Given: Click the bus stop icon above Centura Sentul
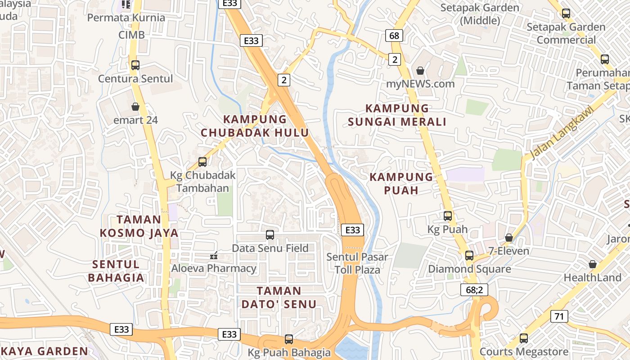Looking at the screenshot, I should (x=135, y=65).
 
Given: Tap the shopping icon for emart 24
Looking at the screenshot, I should (x=135, y=107).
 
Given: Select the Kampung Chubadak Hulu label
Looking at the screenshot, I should (x=255, y=126).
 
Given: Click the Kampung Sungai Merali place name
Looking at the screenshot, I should (x=397, y=115).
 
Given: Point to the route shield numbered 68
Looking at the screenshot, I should (x=394, y=36).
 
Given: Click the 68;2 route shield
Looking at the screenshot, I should (x=474, y=289).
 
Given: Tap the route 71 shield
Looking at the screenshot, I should (x=559, y=316).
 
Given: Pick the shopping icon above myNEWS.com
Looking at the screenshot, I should (x=420, y=71).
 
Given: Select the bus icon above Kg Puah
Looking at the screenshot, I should (x=448, y=216).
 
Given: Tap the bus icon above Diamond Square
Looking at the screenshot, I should (x=469, y=256).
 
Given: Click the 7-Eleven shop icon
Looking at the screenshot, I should (x=509, y=237).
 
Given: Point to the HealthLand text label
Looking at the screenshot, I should (x=592, y=278).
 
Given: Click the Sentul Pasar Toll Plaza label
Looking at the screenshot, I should (x=357, y=263).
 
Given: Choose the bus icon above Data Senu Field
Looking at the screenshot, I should (x=270, y=234).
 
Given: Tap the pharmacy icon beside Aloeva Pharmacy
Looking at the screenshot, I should (x=214, y=256).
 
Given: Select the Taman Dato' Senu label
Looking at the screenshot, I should (x=279, y=297).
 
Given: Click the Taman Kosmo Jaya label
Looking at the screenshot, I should (x=139, y=226).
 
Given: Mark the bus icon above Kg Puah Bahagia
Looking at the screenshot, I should (x=289, y=339).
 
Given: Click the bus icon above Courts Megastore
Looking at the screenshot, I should (x=524, y=338).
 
